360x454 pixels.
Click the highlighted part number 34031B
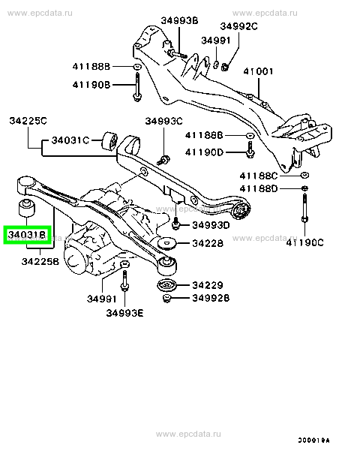[x=27, y=235]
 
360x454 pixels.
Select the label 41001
[x=258, y=71]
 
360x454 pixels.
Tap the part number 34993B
[x=179, y=20]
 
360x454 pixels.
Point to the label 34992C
[x=238, y=26]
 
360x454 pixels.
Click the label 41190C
[x=304, y=242]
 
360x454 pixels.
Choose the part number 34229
[x=208, y=285]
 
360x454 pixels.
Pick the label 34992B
[x=211, y=298]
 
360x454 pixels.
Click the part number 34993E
[x=124, y=313]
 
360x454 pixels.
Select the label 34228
[x=208, y=243]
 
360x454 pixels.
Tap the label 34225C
[x=28, y=121]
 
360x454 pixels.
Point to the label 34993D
[x=211, y=225]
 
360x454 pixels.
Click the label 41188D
[x=259, y=189]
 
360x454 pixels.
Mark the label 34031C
[x=70, y=140]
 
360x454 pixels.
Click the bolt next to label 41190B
[x=137, y=87]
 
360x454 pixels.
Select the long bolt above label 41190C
[x=304, y=208]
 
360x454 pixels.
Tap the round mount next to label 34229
[x=166, y=285]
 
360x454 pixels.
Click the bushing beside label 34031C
[x=109, y=141]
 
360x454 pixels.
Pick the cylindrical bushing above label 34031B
[x=27, y=207]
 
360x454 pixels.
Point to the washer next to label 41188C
[x=304, y=175]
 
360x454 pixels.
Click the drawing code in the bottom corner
[x=313, y=440]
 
